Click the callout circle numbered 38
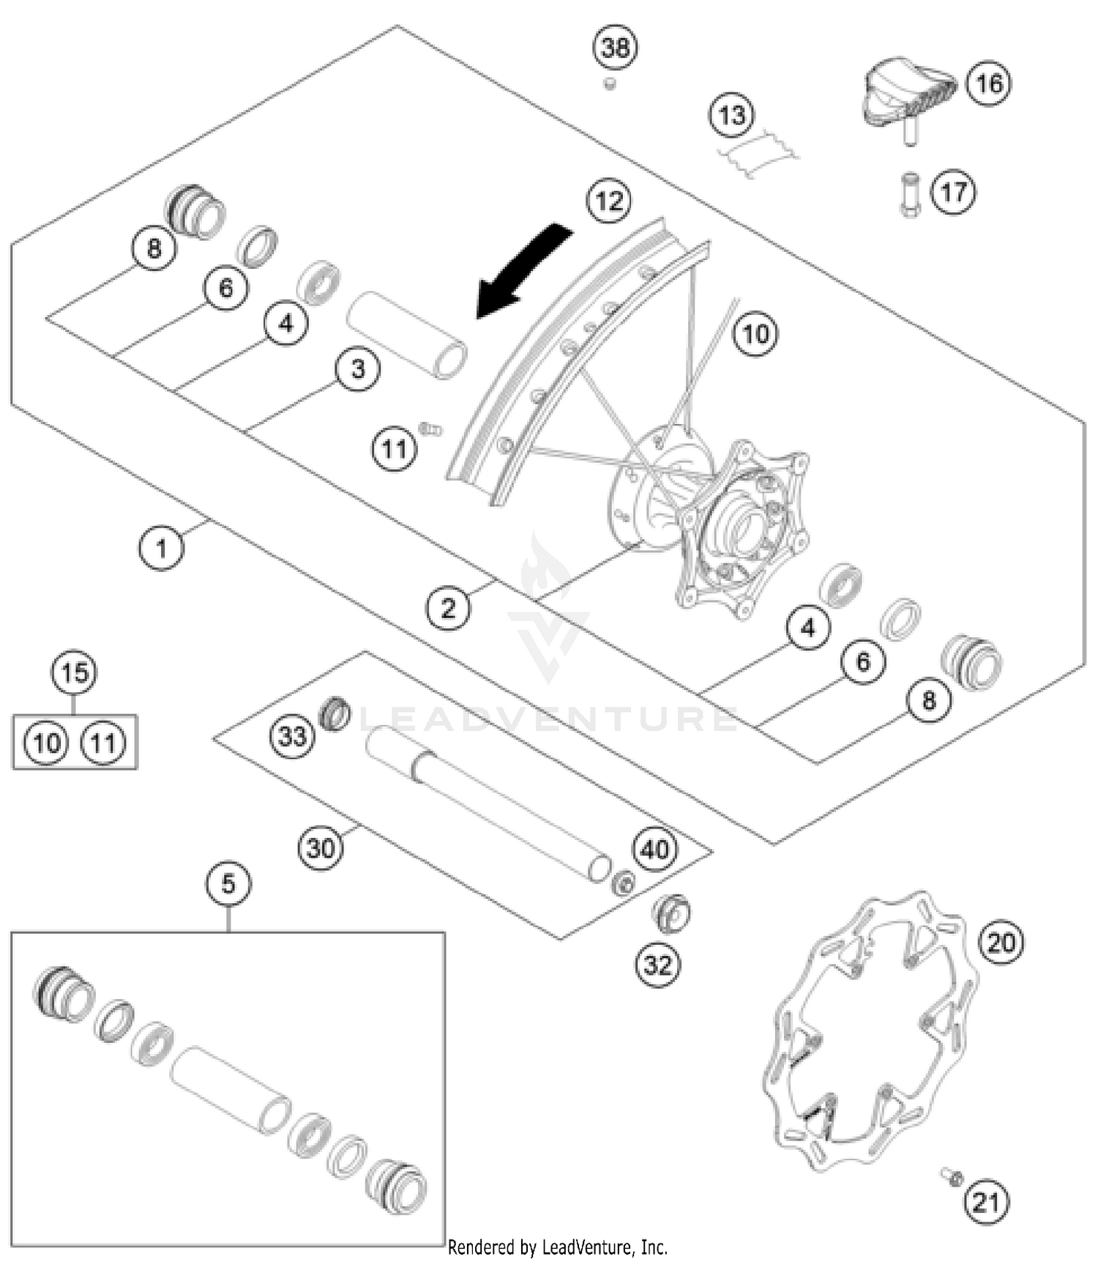pos(615,48)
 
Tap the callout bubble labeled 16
pos(989,83)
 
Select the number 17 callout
pos(953,193)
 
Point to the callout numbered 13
pos(732,116)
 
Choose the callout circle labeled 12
pos(609,200)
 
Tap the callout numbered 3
pos(357,368)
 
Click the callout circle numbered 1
pos(161,547)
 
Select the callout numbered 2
pos(448,607)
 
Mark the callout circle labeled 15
pos(74,672)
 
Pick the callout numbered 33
pos(292,735)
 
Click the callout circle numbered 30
pos(321,848)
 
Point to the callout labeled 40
pos(655,849)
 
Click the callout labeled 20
pos(1001,942)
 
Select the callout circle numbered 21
pos(986,1202)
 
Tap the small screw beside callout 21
pos(952,1176)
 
